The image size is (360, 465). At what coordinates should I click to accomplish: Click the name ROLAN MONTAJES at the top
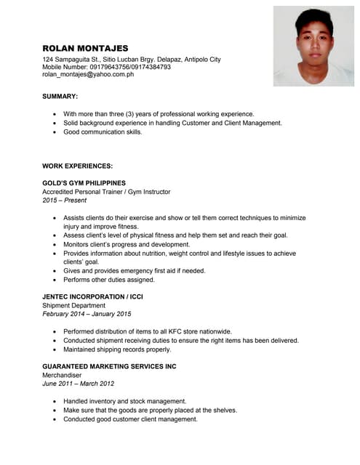(x=85, y=47)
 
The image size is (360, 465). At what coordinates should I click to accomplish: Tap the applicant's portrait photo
(x=313, y=46)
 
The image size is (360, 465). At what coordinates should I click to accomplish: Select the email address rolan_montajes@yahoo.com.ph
(x=88, y=74)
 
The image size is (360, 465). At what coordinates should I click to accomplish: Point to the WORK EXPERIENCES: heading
(x=77, y=166)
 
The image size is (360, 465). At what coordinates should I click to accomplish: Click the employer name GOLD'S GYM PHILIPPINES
(x=84, y=182)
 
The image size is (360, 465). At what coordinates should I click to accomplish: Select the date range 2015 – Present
(x=65, y=200)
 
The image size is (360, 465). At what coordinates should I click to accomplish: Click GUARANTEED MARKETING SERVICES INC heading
(x=109, y=366)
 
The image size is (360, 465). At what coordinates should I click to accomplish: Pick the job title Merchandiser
(x=63, y=375)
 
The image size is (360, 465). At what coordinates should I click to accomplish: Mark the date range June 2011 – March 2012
(x=78, y=384)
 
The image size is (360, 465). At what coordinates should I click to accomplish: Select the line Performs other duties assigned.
(x=109, y=279)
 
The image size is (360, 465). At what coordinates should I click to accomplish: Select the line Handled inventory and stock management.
(x=124, y=401)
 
